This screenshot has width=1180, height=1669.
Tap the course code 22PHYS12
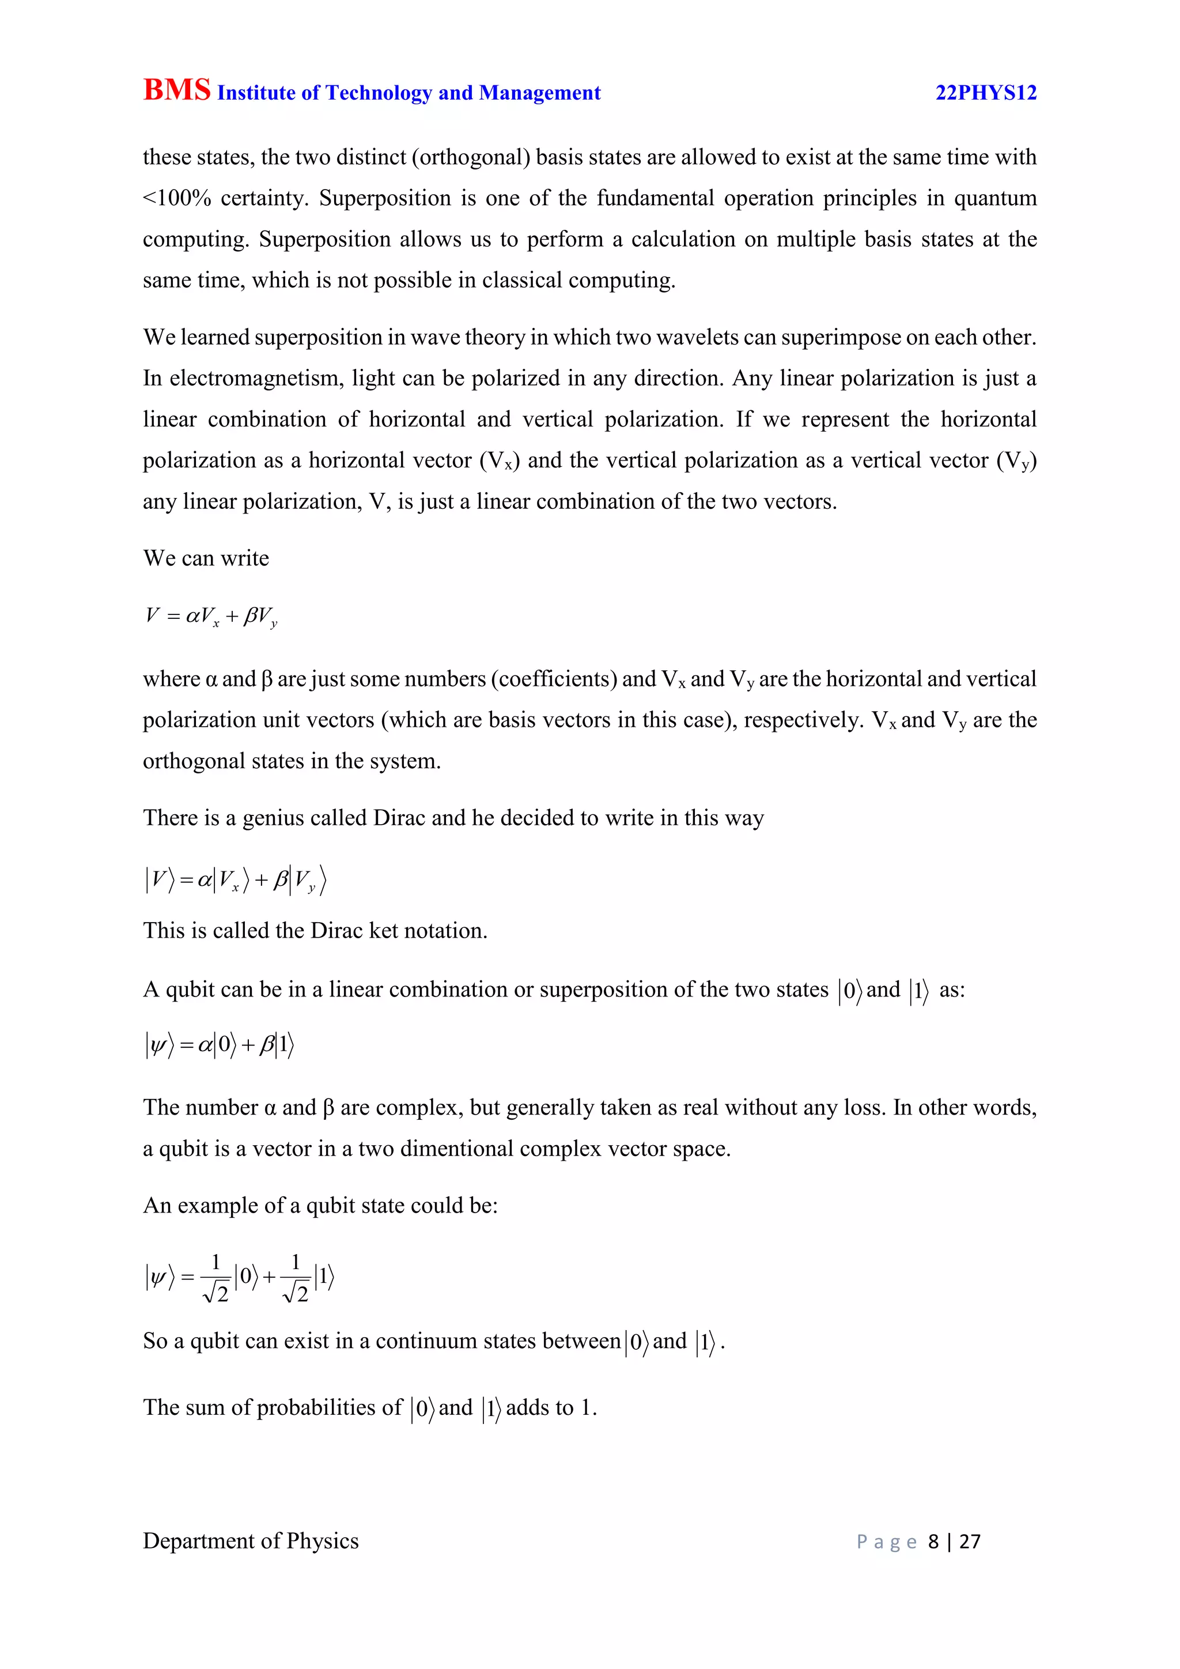(x=985, y=93)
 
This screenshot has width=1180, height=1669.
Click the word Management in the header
(x=540, y=93)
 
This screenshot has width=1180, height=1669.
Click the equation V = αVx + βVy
(x=211, y=617)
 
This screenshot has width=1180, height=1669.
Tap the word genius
(x=277, y=818)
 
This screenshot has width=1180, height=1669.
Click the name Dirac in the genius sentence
(x=399, y=818)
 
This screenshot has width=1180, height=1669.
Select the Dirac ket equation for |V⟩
(x=236, y=880)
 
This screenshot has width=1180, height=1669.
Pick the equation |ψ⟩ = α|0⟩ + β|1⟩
(x=220, y=1045)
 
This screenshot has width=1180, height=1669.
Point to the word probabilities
(x=329, y=1408)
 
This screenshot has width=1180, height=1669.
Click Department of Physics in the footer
(x=251, y=1541)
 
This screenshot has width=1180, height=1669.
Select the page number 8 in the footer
(x=933, y=1542)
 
